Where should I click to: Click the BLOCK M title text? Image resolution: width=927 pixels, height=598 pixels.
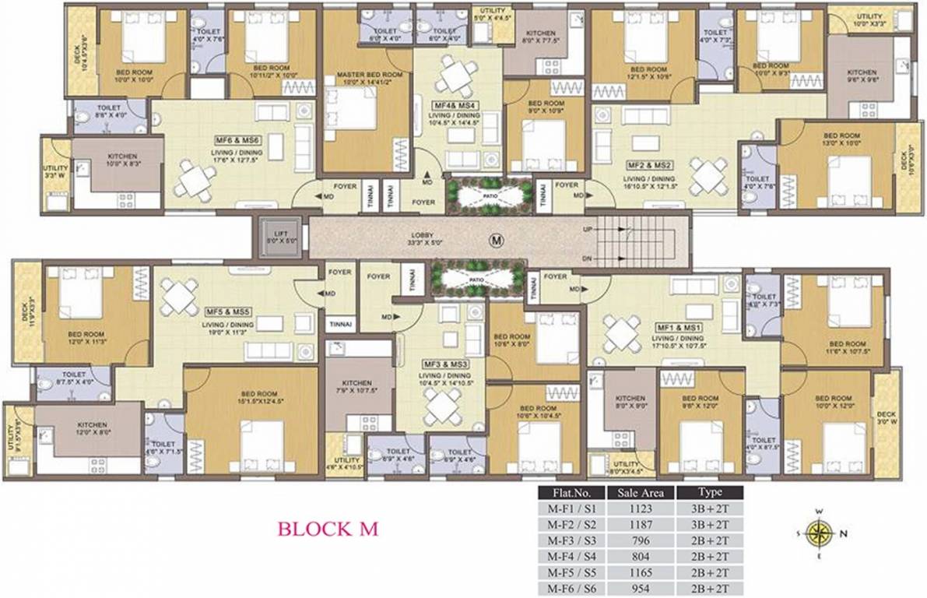[328, 529]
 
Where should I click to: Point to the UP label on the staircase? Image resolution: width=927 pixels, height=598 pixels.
[588, 230]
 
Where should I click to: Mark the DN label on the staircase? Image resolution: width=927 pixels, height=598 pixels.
[588, 259]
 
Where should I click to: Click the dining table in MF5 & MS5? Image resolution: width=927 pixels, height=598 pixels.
[179, 296]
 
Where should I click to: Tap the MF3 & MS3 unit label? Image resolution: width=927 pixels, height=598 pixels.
[446, 364]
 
